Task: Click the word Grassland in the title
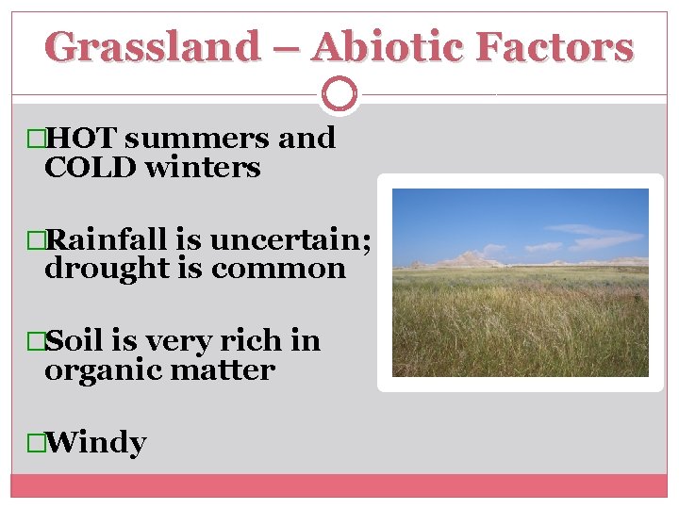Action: coord(152,46)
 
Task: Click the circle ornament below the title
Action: coord(339,94)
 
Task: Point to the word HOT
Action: coord(81,138)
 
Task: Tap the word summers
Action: coord(196,138)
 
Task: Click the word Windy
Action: coord(95,442)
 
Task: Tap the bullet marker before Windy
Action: coord(37,443)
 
